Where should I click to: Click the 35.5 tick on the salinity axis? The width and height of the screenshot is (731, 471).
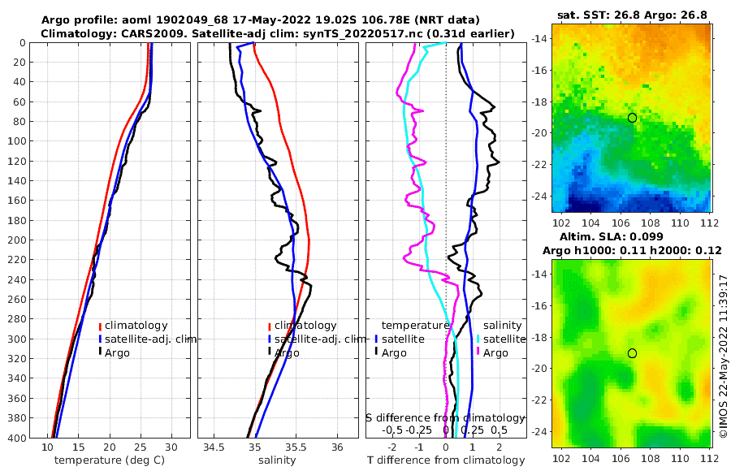point(296,447)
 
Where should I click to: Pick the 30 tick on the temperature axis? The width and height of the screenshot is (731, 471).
point(171,447)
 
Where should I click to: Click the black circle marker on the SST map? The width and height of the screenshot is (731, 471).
point(632,118)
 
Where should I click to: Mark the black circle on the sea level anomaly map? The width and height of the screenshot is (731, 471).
point(632,353)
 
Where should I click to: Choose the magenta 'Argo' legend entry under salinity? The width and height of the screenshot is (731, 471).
point(492,352)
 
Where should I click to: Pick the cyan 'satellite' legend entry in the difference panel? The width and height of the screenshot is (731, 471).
point(500,339)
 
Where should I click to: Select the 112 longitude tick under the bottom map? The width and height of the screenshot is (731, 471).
point(707,458)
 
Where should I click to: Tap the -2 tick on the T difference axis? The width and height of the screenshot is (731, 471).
point(393,447)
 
